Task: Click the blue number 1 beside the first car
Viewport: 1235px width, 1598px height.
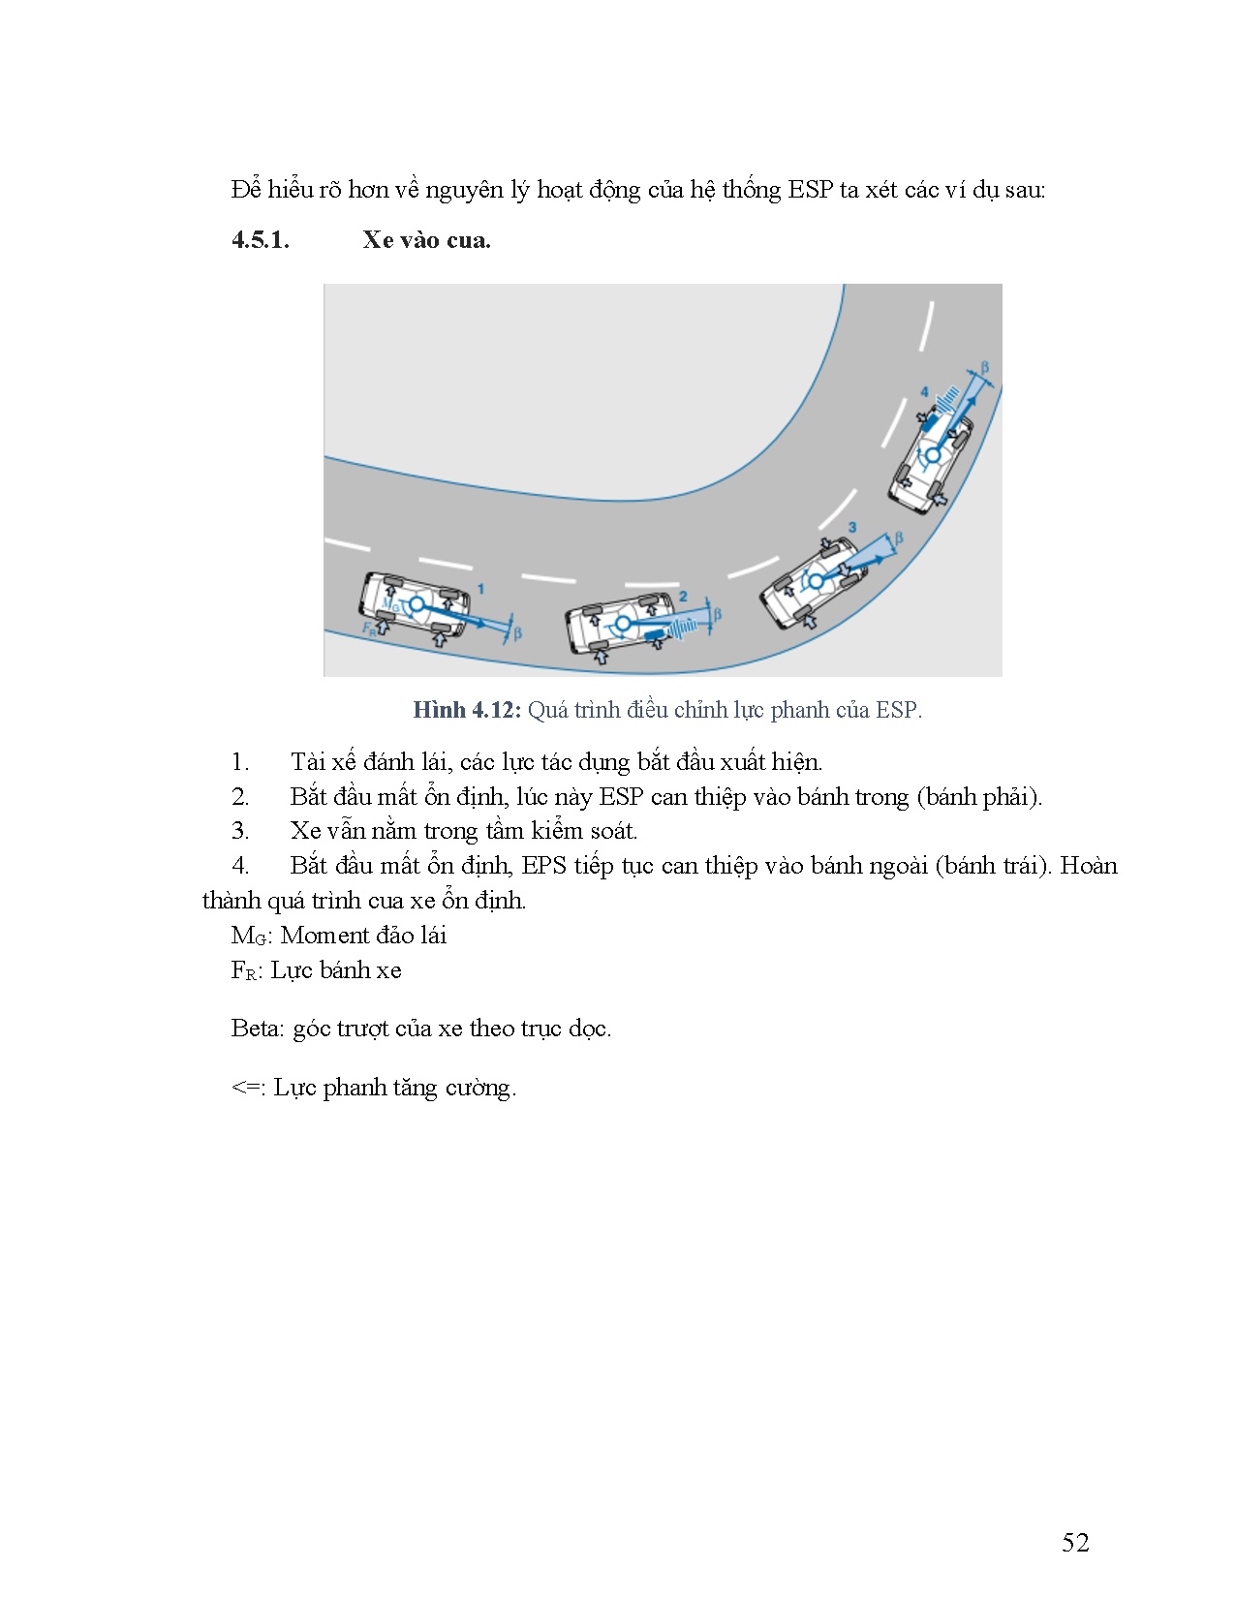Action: tap(481, 589)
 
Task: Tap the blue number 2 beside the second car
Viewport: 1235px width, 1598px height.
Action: tap(683, 597)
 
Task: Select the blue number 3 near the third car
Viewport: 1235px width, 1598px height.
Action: tap(852, 527)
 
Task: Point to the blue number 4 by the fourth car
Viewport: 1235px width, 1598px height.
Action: tap(924, 392)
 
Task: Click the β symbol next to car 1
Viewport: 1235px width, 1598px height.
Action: tap(517, 633)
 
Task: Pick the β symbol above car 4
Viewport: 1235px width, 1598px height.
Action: tap(985, 368)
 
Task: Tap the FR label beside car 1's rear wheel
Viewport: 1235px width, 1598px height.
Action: tap(368, 628)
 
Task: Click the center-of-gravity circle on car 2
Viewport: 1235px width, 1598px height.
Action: tap(624, 623)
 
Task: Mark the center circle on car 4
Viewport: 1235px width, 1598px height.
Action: tap(932, 454)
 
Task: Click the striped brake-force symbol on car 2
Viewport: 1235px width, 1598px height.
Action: tap(684, 628)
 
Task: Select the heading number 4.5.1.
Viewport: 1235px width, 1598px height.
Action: tap(261, 240)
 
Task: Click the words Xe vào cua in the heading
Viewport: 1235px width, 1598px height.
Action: tap(426, 240)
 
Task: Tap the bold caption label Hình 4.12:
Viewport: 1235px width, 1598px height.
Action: tap(467, 710)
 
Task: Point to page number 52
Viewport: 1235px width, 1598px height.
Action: tap(1075, 1543)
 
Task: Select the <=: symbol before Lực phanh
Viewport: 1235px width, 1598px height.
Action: tap(249, 1088)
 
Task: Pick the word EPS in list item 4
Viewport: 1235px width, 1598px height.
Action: tap(543, 866)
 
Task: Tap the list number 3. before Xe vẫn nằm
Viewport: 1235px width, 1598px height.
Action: tap(240, 831)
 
